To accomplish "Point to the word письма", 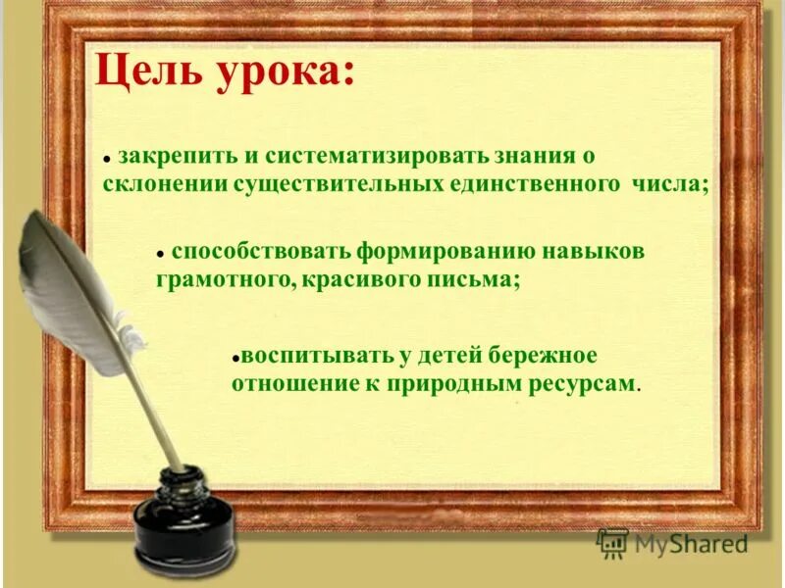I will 481,279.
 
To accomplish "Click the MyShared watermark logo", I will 672,542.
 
